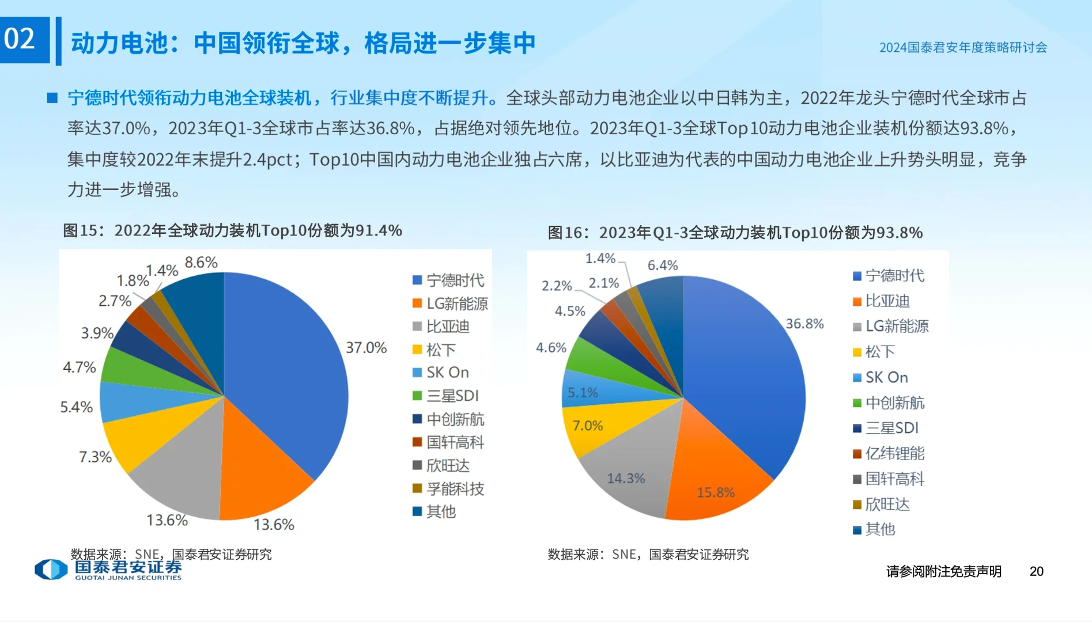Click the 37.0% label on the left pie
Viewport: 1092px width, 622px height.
click(366, 348)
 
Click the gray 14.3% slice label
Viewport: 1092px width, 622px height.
click(626, 479)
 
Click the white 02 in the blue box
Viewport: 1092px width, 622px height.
click(20, 39)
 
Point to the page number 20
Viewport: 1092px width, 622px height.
click(1036, 571)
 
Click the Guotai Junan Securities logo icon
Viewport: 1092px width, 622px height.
click(51, 570)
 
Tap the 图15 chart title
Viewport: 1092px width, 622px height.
click(232, 230)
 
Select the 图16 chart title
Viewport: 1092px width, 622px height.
click(735, 233)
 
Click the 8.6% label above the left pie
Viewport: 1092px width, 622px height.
click(201, 263)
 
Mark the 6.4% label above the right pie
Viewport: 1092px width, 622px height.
click(662, 266)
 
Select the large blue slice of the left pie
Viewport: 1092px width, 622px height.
click(282, 369)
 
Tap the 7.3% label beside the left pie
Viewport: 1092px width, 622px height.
click(95, 457)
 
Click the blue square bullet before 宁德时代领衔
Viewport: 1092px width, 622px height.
click(52, 98)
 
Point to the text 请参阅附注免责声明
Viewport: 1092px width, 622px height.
click(943, 571)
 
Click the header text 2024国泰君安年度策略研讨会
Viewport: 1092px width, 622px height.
click(962, 48)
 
